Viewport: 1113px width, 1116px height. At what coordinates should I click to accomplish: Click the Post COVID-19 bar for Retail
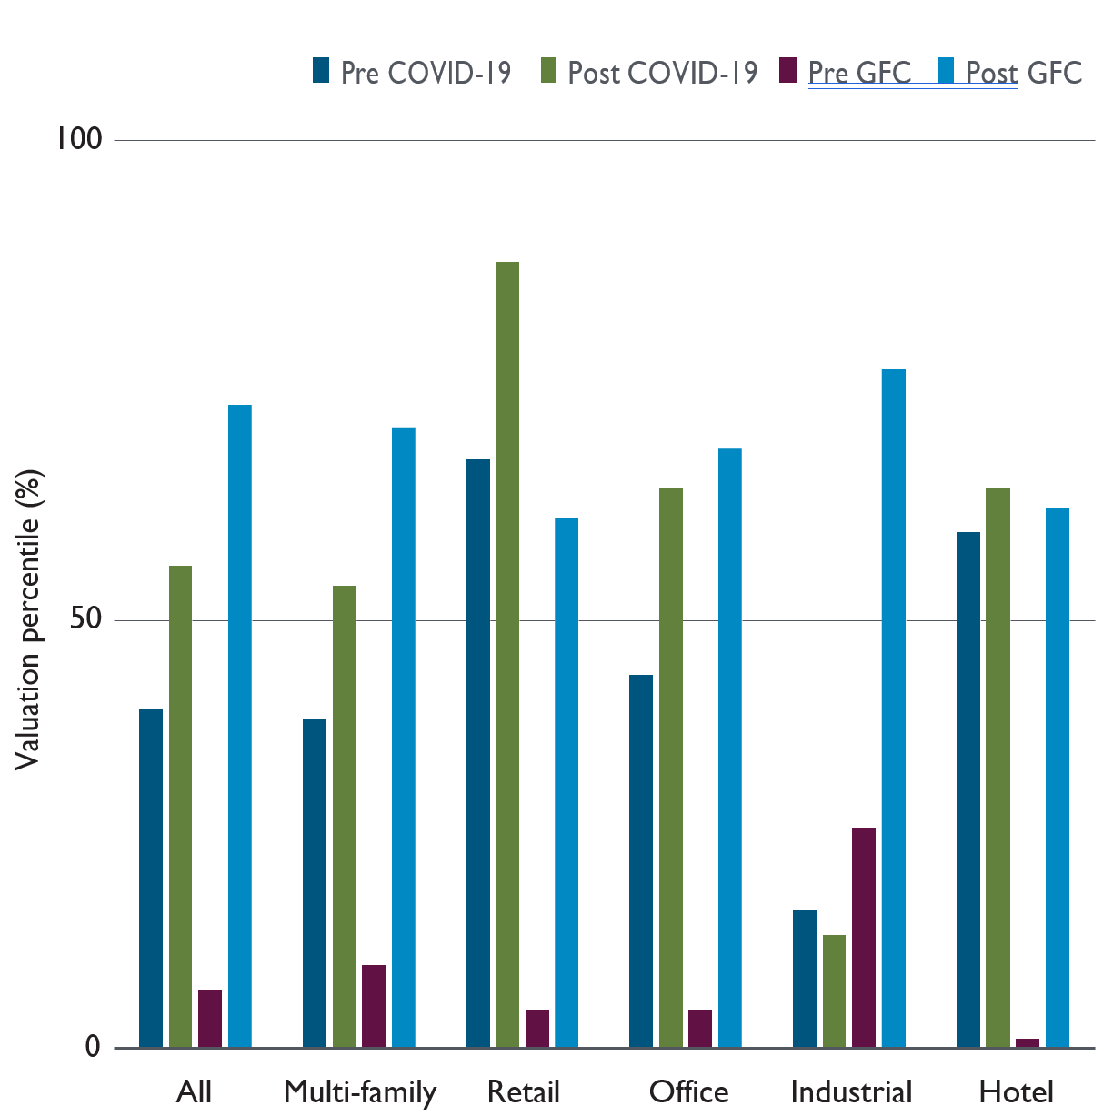pyautogui.click(x=507, y=654)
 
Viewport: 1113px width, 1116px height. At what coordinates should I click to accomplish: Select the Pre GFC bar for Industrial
pyautogui.click(x=864, y=937)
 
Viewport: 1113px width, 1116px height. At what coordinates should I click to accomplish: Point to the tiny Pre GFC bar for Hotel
pyautogui.click(x=1028, y=1042)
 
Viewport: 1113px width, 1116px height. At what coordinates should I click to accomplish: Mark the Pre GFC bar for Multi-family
pyautogui.click(x=374, y=1006)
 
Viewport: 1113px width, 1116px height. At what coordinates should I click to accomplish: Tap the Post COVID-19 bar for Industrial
pyautogui.click(x=834, y=990)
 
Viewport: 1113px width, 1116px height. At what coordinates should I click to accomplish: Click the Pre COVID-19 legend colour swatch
pyautogui.click(x=321, y=71)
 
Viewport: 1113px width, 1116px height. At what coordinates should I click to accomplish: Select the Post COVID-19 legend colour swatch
pyautogui.click(x=548, y=71)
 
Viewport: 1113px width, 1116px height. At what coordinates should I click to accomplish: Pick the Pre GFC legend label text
pyautogui.click(x=859, y=73)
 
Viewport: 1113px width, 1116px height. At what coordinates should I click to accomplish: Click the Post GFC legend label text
pyautogui.click(x=1024, y=73)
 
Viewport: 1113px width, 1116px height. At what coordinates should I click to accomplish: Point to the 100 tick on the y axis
pyautogui.click(x=78, y=139)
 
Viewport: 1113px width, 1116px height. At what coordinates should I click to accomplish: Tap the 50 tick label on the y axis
pyautogui.click(x=86, y=619)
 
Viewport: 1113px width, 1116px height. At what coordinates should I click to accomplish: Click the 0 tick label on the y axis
pyautogui.click(x=93, y=1047)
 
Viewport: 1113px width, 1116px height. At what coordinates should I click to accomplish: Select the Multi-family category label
pyautogui.click(x=360, y=1091)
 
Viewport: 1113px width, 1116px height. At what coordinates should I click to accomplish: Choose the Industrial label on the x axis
pyautogui.click(x=851, y=1091)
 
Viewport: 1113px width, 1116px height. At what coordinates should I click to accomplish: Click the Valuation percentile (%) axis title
pyautogui.click(x=29, y=618)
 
